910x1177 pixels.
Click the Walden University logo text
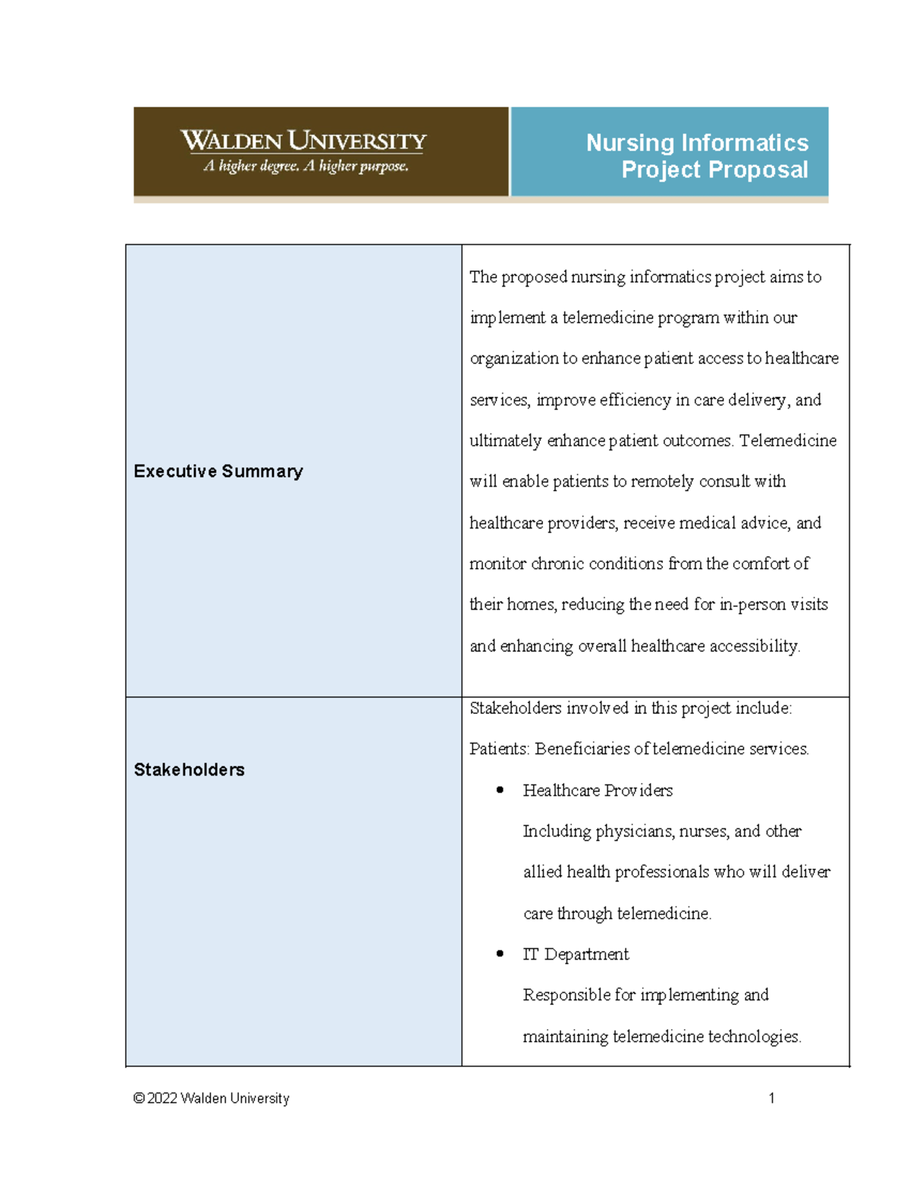[303, 141]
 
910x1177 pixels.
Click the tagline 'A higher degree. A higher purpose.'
[306, 166]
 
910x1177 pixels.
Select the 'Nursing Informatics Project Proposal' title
[697, 156]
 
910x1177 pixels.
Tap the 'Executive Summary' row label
[218, 471]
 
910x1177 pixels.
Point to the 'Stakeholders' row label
[189, 770]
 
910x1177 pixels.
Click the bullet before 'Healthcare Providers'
[500, 790]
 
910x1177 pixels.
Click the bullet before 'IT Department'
[500, 953]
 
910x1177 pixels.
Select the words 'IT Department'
[576, 954]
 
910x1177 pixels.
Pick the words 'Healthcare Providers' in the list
[598, 790]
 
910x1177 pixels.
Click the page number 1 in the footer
[771, 1098]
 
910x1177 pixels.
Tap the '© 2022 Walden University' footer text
[211, 1098]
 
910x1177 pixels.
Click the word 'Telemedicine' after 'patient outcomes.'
[788, 440]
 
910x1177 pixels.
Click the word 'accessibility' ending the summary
[754, 646]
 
